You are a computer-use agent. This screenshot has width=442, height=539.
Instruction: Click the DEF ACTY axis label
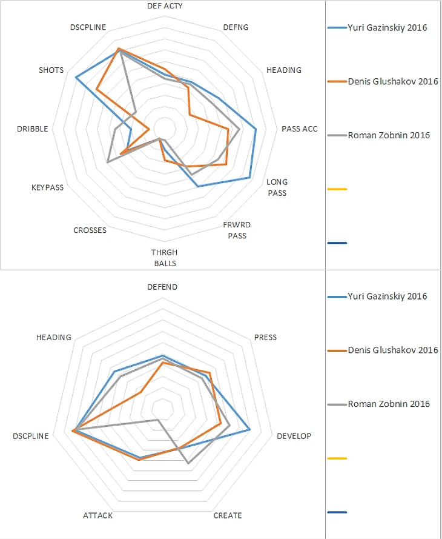tap(165, 5)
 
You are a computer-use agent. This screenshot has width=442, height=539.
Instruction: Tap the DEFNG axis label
tap(236, 27)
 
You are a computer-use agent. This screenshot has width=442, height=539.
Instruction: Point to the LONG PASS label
tap(277, 187)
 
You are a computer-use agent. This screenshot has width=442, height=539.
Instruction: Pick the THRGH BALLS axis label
tap(165, 258)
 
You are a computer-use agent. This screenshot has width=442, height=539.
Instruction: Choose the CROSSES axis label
tap(90, 230)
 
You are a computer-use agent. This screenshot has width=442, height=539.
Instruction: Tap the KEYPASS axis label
tap(47, 187)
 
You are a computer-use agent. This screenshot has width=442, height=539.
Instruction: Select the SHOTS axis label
tap(51, 70)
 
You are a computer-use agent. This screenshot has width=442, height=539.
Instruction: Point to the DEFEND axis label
tap(163, 287)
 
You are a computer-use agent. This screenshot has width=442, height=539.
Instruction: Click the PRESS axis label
tap(265, 337)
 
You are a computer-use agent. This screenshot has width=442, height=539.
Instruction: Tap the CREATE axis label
tap(228, 515)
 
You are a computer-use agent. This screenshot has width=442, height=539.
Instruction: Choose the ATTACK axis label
tap(97, 515)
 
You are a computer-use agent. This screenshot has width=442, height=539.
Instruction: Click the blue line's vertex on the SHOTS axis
tap(76, 78)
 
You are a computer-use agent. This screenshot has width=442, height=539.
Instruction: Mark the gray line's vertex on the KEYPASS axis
tap(107, 162)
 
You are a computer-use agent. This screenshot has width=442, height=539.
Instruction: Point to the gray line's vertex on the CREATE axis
tap(188, 463)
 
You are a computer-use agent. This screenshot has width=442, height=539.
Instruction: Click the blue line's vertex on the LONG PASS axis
tap(250, 178)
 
